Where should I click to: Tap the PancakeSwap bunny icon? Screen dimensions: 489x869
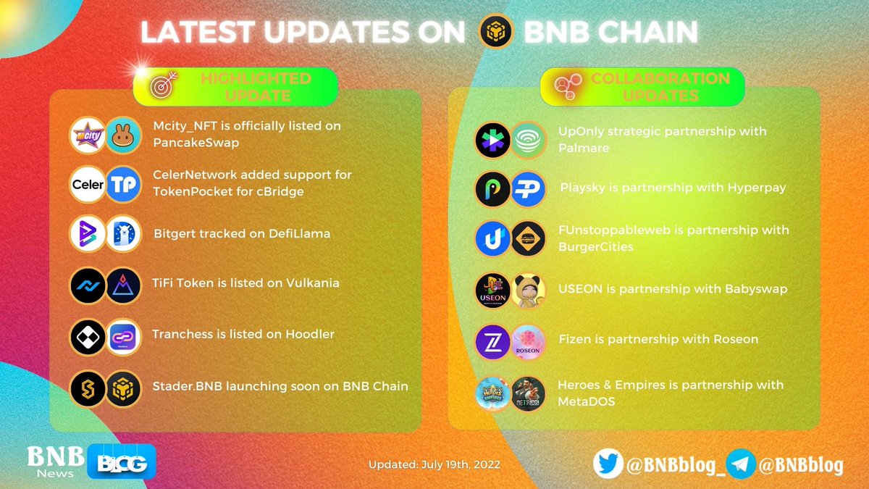(123, 135)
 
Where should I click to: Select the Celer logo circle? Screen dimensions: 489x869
(88, 185)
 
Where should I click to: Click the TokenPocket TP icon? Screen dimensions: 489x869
(123, 185)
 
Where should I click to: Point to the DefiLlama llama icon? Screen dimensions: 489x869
(123, 235)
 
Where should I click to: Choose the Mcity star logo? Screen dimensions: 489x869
(88, 135)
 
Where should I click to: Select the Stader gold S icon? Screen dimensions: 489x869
(88, 388)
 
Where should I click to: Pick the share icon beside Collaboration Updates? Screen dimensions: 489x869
(566, 87)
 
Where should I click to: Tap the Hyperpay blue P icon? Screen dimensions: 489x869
(528, 189)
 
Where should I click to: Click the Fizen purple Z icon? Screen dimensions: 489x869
(493, 341)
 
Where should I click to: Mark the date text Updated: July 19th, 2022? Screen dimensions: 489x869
(434, 464)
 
